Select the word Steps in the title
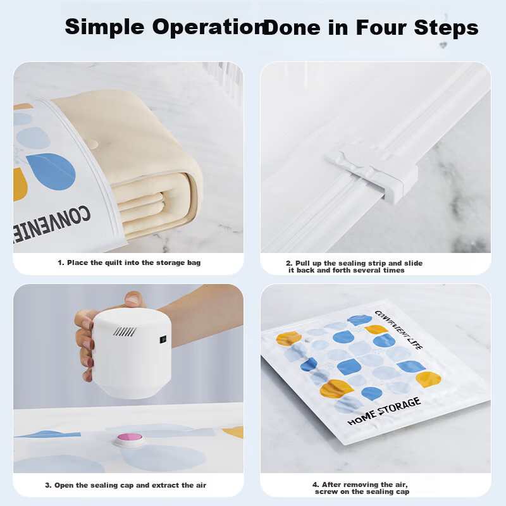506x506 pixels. pos(446,28)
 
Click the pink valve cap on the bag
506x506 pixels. pos(130,438)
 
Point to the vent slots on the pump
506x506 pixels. pos(125,331)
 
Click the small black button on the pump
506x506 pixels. pos(163,340)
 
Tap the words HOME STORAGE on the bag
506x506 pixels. pos(384,411)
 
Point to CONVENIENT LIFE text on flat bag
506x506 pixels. pos(398,330)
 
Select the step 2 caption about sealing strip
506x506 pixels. pos(354,266)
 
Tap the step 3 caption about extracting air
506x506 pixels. pos(125,485)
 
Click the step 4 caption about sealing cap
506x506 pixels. pos(361,488)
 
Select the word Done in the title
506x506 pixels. pos(292,27)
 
